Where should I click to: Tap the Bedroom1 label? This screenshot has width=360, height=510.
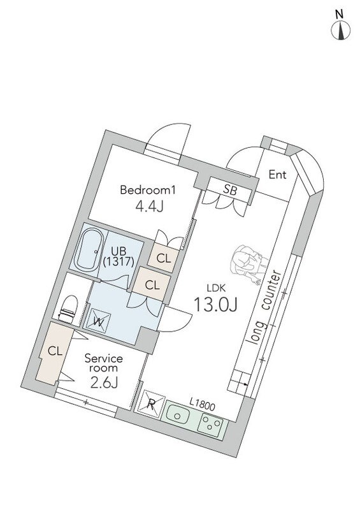click(148, 189)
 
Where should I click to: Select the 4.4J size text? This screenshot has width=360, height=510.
click(149, 206)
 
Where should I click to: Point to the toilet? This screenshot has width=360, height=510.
click(69, 309)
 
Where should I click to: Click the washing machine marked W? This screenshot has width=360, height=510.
click(97, 321)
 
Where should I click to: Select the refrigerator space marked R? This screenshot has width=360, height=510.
click(151, 404)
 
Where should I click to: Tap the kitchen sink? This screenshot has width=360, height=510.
click(178, 416)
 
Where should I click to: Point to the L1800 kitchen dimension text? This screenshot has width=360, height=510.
click(202, 405)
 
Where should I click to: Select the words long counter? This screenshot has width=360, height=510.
click(264, 307)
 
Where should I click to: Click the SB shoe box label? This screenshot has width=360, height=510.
click(230, 189)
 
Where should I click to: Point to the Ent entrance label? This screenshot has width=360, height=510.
click(277, 175)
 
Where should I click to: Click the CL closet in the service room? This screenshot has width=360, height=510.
click(53, 353)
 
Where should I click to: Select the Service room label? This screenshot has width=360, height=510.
click(104, 363)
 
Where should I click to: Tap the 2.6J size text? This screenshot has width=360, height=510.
click(104, 382)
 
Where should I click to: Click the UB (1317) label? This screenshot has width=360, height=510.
click(119, 256)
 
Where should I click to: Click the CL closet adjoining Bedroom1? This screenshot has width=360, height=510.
click(164, 259)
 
